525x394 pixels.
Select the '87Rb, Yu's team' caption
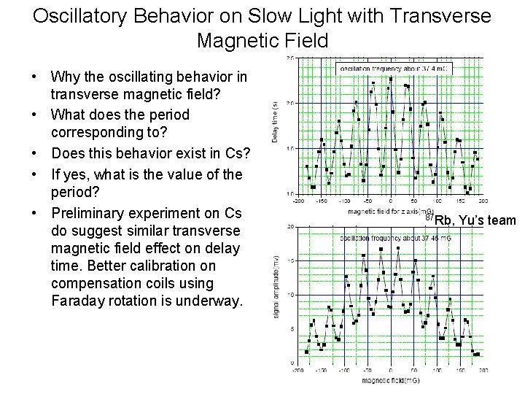click(x=470, y=220)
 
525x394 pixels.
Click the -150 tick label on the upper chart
click(x=322, y=201)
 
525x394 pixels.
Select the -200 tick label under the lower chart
click(x=297, y=371)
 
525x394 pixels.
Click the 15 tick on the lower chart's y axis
click(x=291, y=260)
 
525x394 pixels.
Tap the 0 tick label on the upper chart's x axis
click(x=391, y=201)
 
